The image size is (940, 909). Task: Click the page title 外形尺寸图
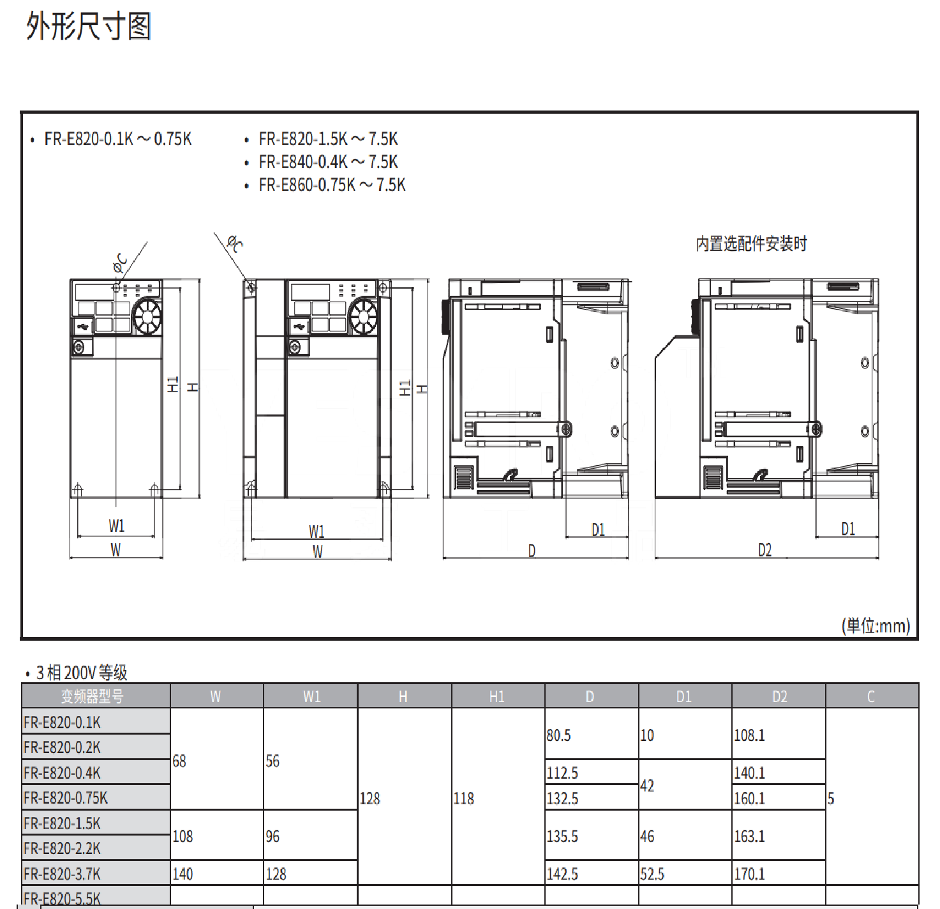pos(89,27)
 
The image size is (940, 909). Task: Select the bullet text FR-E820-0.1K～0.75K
pos(117,139)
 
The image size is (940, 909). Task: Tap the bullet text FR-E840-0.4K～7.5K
pos(328,162)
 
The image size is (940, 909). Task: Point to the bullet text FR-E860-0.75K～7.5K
pos(332,185)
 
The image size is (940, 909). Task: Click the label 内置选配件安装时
pos(751,244)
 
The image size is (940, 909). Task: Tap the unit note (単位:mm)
pos(876,625)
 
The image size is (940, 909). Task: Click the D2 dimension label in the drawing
pos(765,550)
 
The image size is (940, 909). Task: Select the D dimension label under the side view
pos(532,551)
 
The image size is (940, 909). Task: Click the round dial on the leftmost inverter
pos(147,316)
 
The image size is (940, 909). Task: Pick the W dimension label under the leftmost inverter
pos(116,550)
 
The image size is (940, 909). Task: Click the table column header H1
pos(496,697)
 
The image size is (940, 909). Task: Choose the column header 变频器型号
pos(92,697)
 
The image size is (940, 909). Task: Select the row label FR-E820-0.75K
pos(66,798)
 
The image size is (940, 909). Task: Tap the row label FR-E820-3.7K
pos(62,874)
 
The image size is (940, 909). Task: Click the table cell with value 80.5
pos(558,735)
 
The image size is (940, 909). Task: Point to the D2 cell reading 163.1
pos(749,836)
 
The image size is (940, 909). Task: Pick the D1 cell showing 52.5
pos(652,874)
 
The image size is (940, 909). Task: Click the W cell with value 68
pos(179,761)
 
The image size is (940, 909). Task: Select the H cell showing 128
pos(370,798)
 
